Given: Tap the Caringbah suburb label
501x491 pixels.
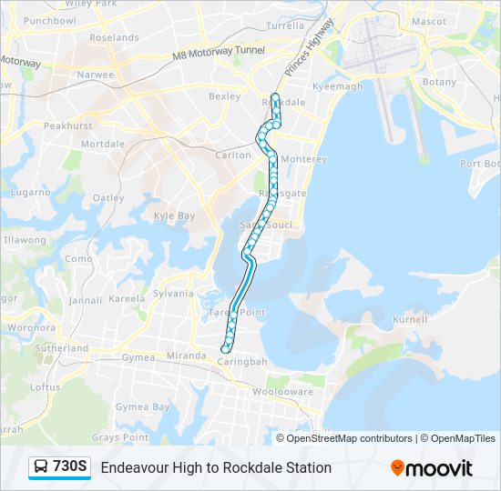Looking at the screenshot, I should pyautogui.click(x=241, y=362).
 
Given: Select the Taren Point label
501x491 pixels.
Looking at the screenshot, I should pyautogui.click(x=238, y=312).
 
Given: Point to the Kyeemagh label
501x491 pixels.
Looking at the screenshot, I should pyautogui.click(x=338, y=86).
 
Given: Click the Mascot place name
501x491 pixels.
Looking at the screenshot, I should pyautogui.click(x=428, y=21).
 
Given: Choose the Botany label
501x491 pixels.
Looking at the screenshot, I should pyautogui.click(x=439, y=82).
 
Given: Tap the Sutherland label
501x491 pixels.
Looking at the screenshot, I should pyautogui.click(x=61, y=348).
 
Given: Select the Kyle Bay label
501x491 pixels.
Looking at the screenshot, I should pyautogui.click(x=174, y=216).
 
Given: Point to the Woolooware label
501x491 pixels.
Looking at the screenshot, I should pyautogui.click(x=282, y=391).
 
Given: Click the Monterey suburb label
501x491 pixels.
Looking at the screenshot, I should pyautogui.click(x=303, y=160).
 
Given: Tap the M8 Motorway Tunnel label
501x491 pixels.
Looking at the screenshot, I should pyautogui.click(x=219, y=53).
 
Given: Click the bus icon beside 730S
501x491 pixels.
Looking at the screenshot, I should pyautogui.click(x=41, y=467).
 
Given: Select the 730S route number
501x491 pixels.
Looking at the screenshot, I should pyautogui.click(x=70, y=467).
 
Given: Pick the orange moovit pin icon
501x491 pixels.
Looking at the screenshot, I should pyautogui.click(x=397, y=468).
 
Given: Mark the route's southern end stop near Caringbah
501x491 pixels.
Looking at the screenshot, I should pyautogui.click(x=226, y=348).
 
